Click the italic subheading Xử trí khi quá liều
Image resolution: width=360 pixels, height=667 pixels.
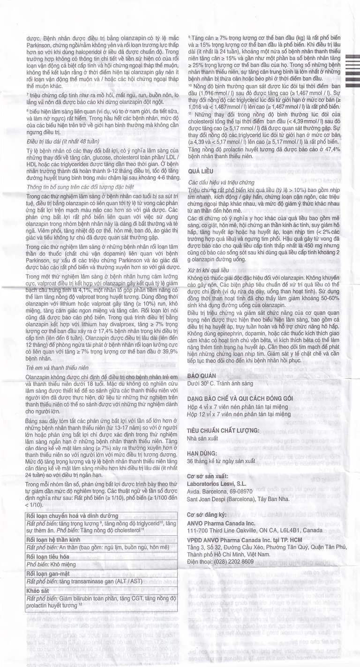click(208, 271)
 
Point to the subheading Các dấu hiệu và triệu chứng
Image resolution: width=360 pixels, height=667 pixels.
click(221, 182)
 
